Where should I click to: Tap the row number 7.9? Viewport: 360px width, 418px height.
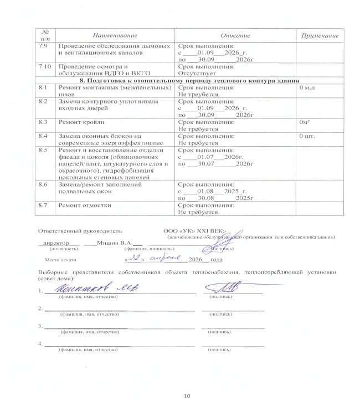(x=42, y=47)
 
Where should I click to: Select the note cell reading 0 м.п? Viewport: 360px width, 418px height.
(x=307, y=87)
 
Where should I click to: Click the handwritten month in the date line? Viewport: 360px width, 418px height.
(x=165, y=258)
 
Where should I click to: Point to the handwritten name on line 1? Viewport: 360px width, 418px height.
(x=91, y=287)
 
